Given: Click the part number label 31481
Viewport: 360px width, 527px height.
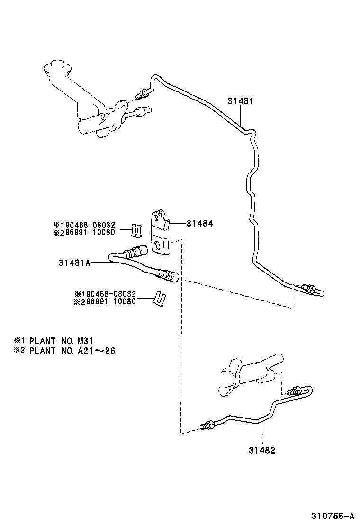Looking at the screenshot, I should point(241,101).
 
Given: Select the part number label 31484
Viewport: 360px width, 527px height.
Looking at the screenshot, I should point(199,222).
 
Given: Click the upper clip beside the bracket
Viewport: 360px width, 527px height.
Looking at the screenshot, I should point(136,230).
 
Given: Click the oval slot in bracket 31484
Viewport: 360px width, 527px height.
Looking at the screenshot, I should point(156,245).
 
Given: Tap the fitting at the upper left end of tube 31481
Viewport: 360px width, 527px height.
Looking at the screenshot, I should point(140,95).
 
